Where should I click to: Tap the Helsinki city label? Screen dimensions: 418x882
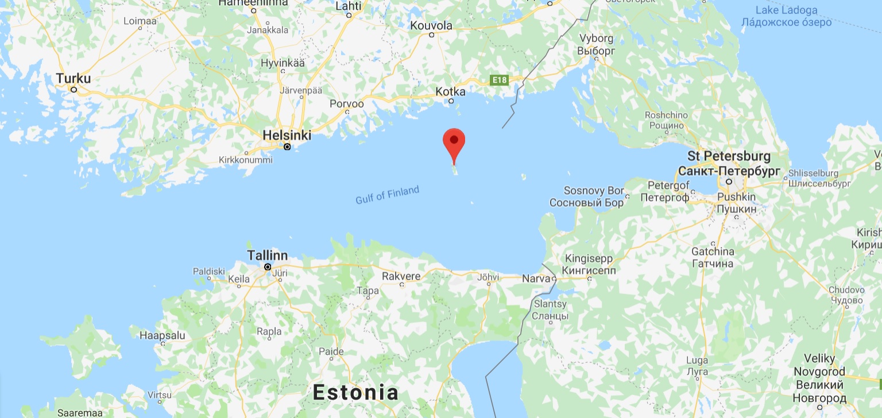tap(287, 136)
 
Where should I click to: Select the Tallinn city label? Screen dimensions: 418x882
tap(267, 256)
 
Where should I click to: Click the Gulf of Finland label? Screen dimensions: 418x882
tap(387, 195)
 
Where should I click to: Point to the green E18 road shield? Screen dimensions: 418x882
tap(500, 81)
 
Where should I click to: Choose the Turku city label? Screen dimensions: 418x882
tap(73, 79)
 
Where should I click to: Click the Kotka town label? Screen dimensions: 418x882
tap(450, 91)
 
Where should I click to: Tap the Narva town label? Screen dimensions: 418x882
tap(536, 278)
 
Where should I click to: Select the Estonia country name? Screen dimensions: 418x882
tap(355, 393)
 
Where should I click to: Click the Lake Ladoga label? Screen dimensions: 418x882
tap(786, 10)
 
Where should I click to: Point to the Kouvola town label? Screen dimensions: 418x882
tap(431, 25)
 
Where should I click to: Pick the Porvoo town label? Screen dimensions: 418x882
tap(347, 104)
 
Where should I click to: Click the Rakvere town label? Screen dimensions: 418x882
tap(401, 276)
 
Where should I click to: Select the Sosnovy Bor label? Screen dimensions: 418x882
tap(586, 196)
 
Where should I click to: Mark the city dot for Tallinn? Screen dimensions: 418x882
tap(268, 267)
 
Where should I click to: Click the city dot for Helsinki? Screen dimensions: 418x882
tap(287, 147)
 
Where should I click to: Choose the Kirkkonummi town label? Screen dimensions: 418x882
tap(246, 160)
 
